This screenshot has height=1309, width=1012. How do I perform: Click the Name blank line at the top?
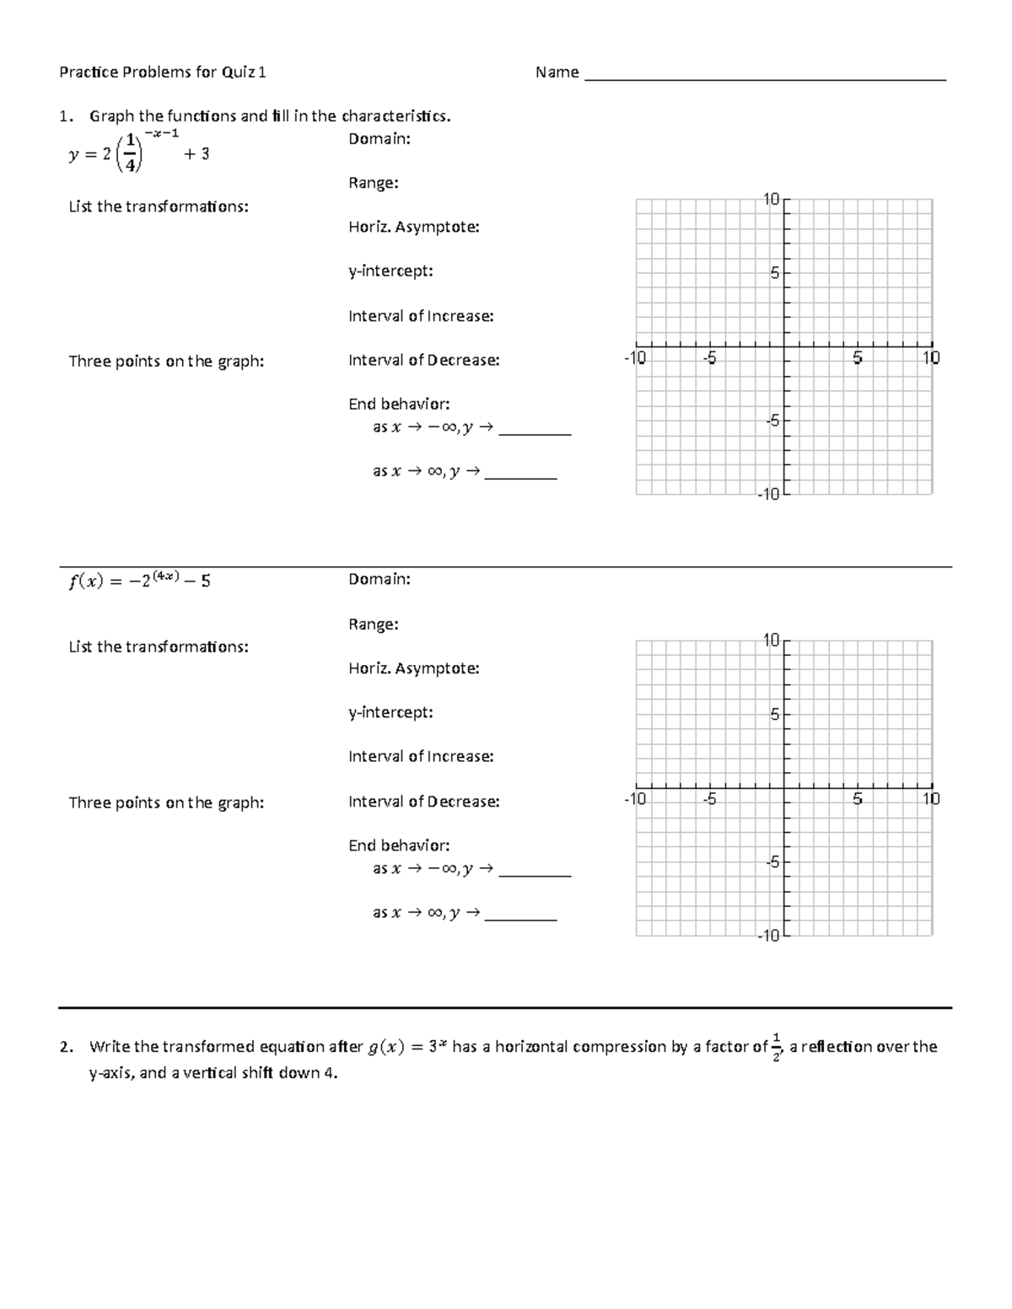pyautogui.click(x=765, y=78)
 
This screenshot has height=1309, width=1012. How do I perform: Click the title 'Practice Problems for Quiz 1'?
pyautogui.click(x=163, y=72)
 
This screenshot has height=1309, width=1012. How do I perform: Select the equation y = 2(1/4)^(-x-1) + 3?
pyautogui.click(x=139, y=153)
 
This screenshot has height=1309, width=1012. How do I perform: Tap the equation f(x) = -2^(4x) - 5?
pyautogui.click(x=139, y=580)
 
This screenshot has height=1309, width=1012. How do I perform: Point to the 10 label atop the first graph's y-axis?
pyautogui.click(x=771, y=200)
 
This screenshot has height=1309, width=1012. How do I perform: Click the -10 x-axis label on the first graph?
pyautogui.click(x=634, y=358)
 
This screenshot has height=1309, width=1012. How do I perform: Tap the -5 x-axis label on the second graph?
pyautogui.click(x=710, y=799)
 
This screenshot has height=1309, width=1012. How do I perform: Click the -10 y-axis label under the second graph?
pyautogui.click(x=767, y=936)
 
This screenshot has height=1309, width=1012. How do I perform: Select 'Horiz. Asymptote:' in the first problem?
pyautogui.click(x=413, y=227)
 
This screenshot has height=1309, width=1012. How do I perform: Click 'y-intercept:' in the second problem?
pyautogui.click(x=390, y=712)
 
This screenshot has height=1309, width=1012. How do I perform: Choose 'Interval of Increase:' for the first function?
pyautogui.click(x=421, y=316)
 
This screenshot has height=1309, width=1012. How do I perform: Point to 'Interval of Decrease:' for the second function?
pyautogui.click(x=423, y=802)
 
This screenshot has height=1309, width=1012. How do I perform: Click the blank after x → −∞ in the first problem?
pyautogui.click(x=535, y=430)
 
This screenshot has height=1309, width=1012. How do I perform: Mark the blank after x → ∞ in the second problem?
pyautogui.click(x=520, y=915)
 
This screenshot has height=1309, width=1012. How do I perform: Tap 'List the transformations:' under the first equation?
pyautogui.click(x=159, y=207)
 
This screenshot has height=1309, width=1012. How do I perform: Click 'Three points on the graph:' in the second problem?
pyautogui.click(x=166, y=803)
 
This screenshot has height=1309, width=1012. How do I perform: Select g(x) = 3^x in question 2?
pyautogui.click(x=407, y=1047)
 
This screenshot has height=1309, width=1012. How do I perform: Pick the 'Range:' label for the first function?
pyautogui.click(x=374, y=183)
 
